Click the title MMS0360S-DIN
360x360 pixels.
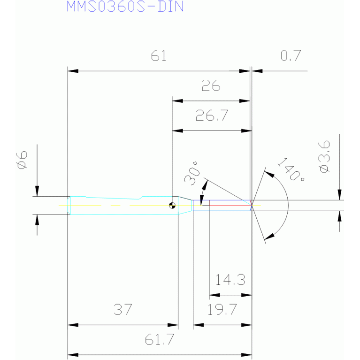[125, 7]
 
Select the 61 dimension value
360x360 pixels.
[159, 56]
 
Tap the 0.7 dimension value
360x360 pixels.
[291, 55]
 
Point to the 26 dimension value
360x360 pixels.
[211, 85]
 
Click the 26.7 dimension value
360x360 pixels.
[212, 115]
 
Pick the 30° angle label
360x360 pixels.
[192, 173]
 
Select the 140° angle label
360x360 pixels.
[291, 169]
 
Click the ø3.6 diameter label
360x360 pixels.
[324, 157]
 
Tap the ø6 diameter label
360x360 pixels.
[22, 160]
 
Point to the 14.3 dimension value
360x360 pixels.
[230, 280]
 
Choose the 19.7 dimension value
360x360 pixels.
[222, 309]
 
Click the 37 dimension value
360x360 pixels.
[123, 309]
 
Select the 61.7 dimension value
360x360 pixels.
[159, 339]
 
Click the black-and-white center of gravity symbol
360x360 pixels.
[172, 205]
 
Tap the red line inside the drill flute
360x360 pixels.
[230, 205]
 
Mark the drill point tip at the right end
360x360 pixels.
[252, 205]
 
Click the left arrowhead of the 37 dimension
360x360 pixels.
[73, 325]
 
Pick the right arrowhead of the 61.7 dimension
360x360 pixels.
[246, 355]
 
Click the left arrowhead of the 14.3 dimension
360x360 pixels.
[214, 295]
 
